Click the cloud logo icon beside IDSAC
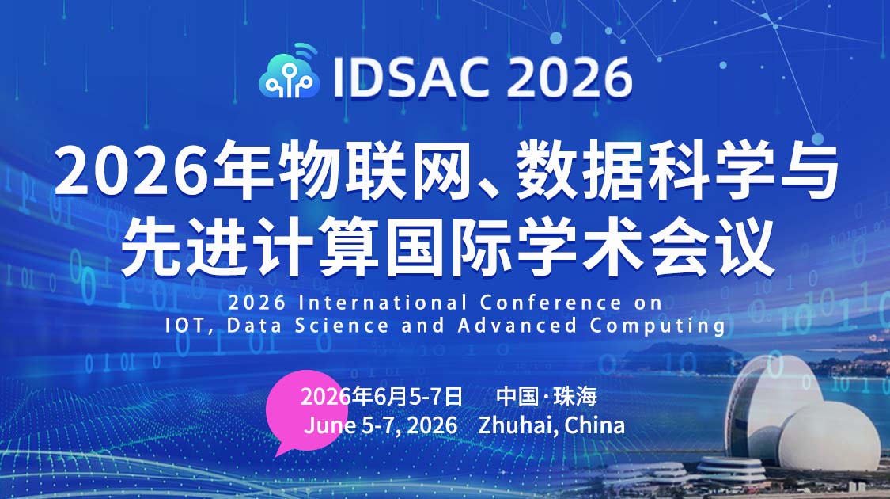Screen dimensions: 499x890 click(x=289, y=75)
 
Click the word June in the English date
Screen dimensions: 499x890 click(x=328, y=425)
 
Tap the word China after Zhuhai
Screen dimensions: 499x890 click(x=595, y=425)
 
